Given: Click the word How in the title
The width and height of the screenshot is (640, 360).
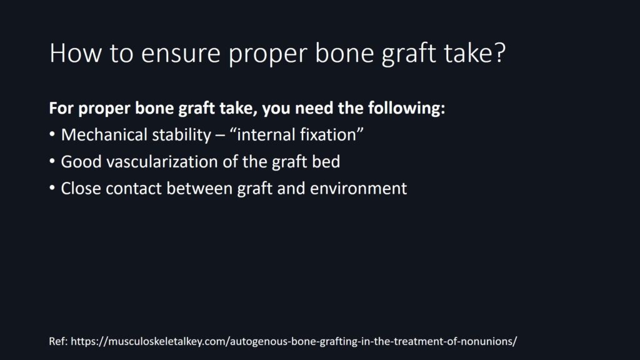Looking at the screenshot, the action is pyautogui.click(x=75, y=52).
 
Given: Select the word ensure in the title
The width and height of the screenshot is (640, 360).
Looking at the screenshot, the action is pyautogui.click(x=181, y=54).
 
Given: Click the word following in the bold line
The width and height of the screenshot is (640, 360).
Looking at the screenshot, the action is pyautogui.click(x=406, y=108).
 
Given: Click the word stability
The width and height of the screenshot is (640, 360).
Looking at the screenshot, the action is pyautogui.click(x=182, y=135).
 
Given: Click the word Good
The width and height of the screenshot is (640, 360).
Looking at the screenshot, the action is pyautogui.click(x=81, y=162).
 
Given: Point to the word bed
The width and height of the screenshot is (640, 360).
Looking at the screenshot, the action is pyautogui.click(x=326, y=162).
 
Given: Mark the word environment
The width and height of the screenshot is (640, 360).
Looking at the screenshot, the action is pyautogui.click(x=358, y=189).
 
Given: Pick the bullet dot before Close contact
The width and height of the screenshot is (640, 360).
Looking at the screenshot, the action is pyautogui.click(x=52, y=188).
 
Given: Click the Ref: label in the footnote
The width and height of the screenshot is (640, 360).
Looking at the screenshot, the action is pyautogui.click(x=58, y=341).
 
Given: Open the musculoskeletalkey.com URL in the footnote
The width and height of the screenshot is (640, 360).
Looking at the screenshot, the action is pyautogui.click(x=294, y=341).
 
